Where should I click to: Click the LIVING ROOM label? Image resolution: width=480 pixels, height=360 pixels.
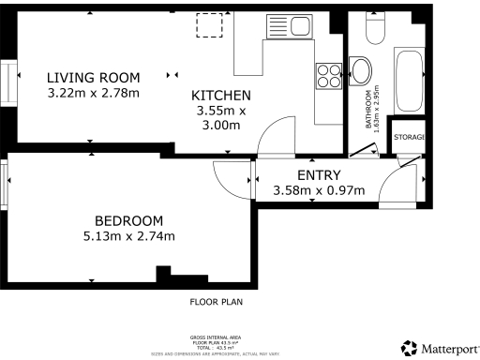94,77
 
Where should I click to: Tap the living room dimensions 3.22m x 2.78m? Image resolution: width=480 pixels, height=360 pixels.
94,93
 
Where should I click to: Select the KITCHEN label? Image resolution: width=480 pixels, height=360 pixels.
221,96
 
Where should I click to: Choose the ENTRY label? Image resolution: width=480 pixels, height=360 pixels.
319,175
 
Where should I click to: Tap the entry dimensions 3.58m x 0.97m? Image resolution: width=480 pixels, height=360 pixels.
319,191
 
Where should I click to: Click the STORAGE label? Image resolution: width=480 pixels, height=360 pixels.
410,138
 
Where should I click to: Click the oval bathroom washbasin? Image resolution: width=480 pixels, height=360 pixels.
360,70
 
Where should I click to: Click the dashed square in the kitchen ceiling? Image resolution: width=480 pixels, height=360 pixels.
208,25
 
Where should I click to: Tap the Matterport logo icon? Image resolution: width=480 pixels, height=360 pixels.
408,348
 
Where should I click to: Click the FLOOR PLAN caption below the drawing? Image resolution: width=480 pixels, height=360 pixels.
217,303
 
